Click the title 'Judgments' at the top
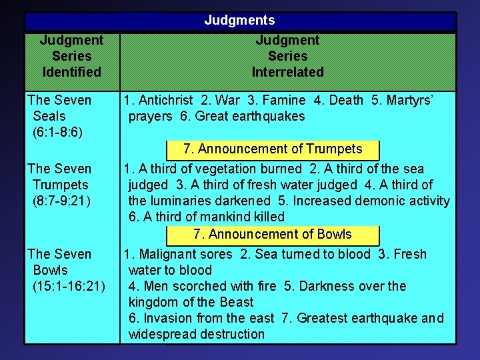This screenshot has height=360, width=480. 239,21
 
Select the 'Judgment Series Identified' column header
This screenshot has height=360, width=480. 71,56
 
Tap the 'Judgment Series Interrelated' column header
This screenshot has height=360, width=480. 287,56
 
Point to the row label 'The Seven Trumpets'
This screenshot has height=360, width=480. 59,177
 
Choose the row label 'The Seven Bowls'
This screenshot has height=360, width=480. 59,262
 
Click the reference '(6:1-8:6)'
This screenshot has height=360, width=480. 57,132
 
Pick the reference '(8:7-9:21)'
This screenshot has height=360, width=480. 61,201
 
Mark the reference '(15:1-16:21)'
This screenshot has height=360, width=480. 69,286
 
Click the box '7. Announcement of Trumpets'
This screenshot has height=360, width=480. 273,149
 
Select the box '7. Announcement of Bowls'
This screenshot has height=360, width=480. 273,235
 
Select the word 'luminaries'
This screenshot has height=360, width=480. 177,201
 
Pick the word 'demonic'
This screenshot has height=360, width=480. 384,201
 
